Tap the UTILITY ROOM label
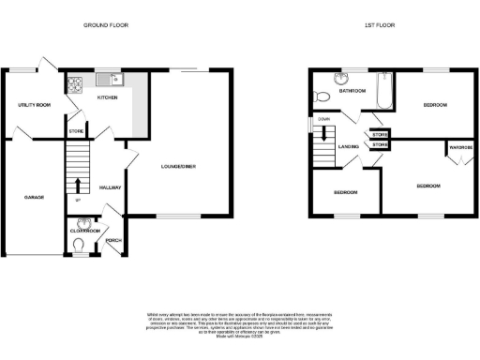click(x=34, y=104)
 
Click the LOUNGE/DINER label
click(x=179, y=167)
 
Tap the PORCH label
click(x=112, y=240)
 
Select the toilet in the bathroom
click(x=323, y=97)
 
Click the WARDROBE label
click(x=459, y=147)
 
